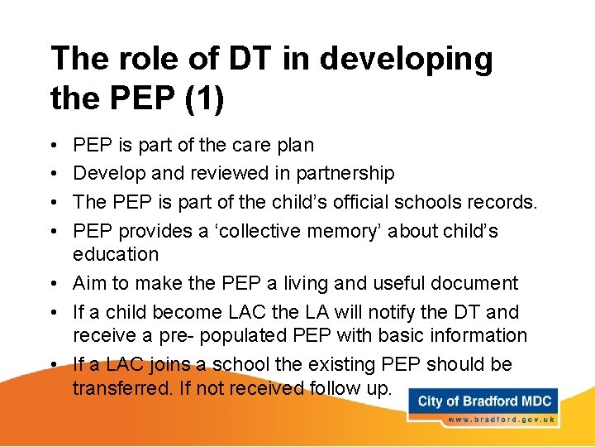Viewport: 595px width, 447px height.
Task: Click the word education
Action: coord(116,254)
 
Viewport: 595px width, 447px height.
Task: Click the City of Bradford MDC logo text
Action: coord(485,401)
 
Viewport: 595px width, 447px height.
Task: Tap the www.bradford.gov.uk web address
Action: coord(499,420)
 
